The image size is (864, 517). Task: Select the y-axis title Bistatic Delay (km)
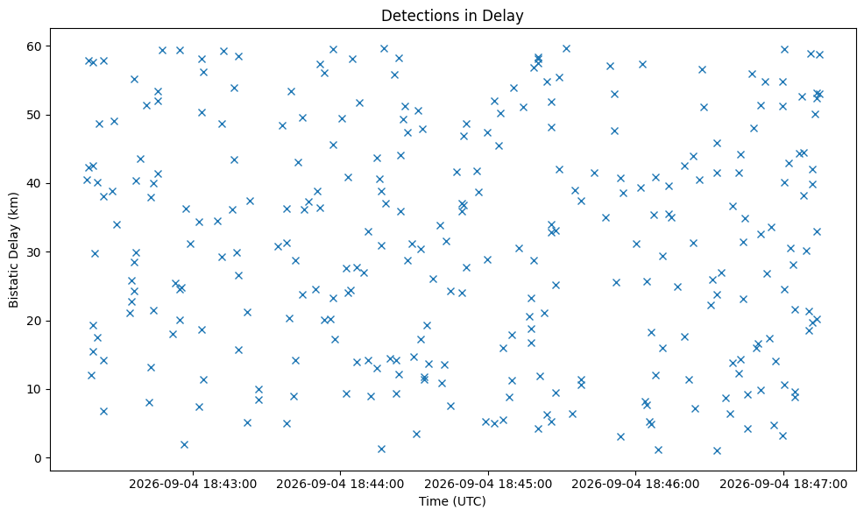[14, 250]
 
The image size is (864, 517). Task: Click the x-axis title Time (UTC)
[452, 501]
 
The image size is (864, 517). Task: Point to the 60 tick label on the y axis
[35, 46]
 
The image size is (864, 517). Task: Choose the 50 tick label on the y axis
[35, 115]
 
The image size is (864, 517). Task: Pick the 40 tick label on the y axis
[35, 183]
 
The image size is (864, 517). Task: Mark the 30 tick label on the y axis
[35, 251]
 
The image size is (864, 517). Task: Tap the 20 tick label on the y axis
[35, 321]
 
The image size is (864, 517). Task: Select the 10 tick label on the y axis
[35, 389]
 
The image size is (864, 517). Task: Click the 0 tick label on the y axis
[39, 458]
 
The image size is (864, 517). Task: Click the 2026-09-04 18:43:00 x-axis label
[193, 484]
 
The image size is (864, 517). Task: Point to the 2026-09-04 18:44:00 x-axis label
[340, 484]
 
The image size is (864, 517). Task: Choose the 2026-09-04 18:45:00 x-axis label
[488, 484]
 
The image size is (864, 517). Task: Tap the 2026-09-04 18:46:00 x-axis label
[635, 484]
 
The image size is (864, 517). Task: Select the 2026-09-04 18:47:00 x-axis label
[783, 484]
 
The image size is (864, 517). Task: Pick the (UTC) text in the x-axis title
[469, 501]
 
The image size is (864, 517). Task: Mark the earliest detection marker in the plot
[87, 180]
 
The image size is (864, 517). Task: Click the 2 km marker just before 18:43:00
[185, 444]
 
